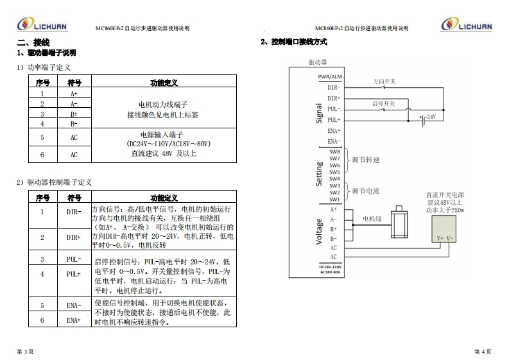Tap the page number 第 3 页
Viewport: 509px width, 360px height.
pyautogui.click(x=25, y=350)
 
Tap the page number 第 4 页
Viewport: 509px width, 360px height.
pyautogui.click(x=482, y=350)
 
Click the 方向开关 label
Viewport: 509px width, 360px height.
pyautogui.click(x=384, y=81)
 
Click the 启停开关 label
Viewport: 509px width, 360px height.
pyautogui.click(x=384, y=103)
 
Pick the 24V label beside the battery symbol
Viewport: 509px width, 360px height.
pyautogui.click(x=431, y=117)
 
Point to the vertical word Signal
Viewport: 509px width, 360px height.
pyautogui.click(x=319, y=113)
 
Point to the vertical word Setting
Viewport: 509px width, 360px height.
pyautogui.click(x=319, y=174)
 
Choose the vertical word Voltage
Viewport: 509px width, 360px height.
pyautogui.click(x=319, y=231)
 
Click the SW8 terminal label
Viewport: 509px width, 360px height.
pyautogui.click(x=334, y=151)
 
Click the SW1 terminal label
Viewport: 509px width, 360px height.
pyautogui.click(x=334, y=200)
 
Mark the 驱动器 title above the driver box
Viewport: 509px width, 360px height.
pyautogui.click(x=318, y=62)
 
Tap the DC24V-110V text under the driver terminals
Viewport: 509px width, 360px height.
pyautogui.click(x=331, y=266)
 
